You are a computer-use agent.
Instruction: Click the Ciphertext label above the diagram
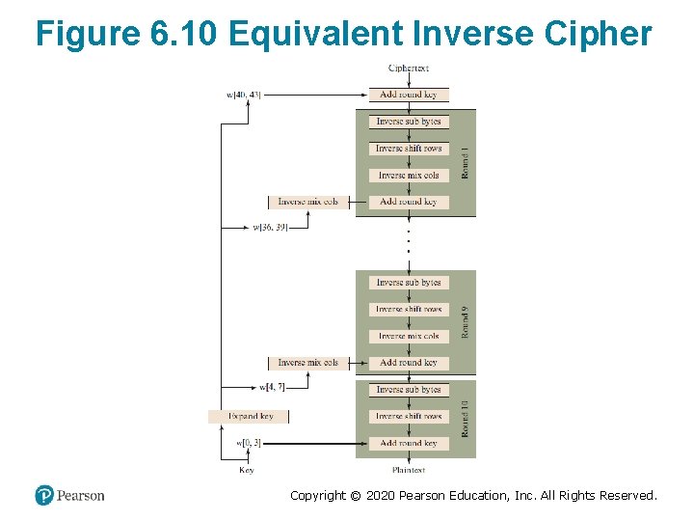(409, 69)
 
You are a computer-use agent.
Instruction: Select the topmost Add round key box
(409, 95)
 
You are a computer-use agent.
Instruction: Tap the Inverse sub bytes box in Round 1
(409, 122)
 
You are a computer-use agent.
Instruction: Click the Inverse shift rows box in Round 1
(409, 149)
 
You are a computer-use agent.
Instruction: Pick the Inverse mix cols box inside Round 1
(409, 176)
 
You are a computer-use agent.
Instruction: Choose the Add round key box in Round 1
(409, 202)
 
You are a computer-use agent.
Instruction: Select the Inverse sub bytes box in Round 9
(409, 283)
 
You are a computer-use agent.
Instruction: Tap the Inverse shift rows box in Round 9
(409, 310)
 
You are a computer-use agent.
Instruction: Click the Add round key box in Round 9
(409, 363)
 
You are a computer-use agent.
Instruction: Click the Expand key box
(249, 417)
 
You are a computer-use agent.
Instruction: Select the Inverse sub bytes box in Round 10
(409, 390)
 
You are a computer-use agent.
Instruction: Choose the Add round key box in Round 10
(409, 443)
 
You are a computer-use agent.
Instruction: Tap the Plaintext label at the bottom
(409, 470)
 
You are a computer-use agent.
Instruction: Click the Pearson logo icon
(44, 495)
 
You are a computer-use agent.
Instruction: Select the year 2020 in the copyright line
(387, 496)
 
